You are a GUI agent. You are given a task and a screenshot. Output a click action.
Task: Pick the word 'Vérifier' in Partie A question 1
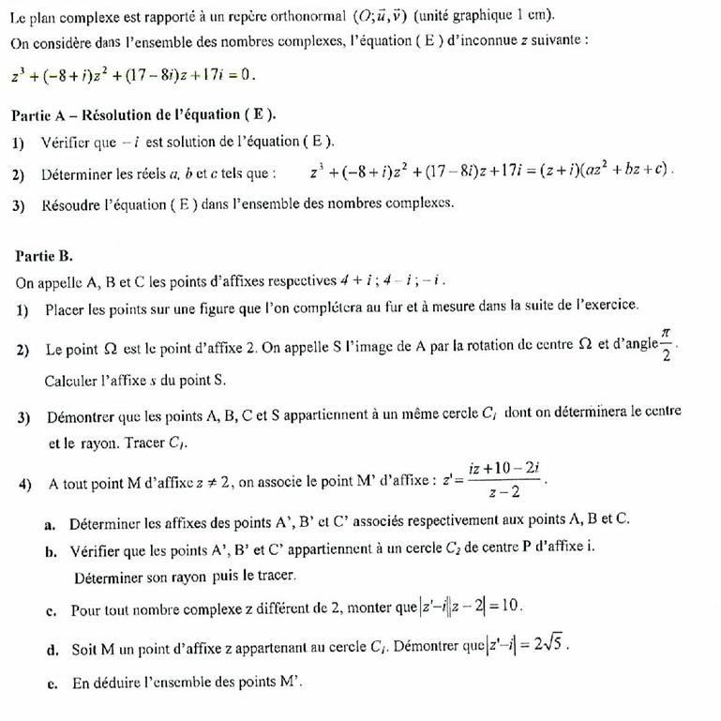pos(66,142)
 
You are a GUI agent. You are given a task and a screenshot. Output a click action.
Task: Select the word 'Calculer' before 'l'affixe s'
pos(71,381)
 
